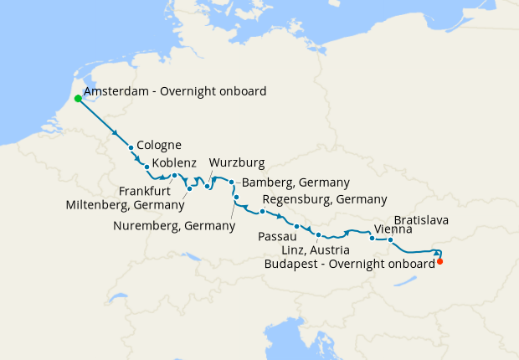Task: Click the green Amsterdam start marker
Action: click(78, 98)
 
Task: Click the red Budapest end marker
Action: click(440, 261)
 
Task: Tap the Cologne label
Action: click(159, 145)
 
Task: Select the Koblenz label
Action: click(174, 162)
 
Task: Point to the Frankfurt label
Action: click(143, 191)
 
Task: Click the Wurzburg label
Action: click(237, 162)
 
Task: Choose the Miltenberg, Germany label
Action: click(126, 205)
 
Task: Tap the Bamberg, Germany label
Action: click(295, 183)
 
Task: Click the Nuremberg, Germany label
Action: click(174, 226)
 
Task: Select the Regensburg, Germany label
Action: click(325, 199)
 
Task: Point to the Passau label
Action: click(277, 237)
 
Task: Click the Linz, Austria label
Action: click(307, 250)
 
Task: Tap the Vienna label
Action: click(393, 229)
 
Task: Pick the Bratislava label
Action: click(421, 220)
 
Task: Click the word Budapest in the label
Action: click(290, 263)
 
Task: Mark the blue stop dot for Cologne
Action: click(131, 147)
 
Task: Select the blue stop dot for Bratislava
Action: click(390, 239)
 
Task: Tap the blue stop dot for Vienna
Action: click(372, 239)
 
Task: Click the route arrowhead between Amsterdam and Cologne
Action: click(116, 131)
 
